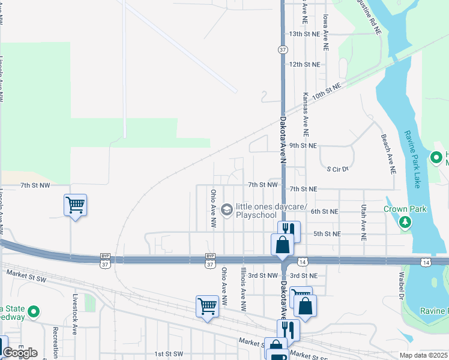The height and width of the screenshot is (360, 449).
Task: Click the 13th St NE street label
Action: [305, 34]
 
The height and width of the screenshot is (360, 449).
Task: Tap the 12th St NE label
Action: [305, 64]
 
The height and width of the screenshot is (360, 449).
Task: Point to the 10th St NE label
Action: [327, 92]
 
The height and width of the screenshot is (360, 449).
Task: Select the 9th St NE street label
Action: [303, 146]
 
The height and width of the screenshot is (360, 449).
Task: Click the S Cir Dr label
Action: [337, 169]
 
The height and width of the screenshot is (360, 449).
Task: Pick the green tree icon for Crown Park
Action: [406, 223]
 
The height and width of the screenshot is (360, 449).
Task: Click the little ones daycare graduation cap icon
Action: [226, 209]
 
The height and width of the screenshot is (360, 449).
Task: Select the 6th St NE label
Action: [325, 211]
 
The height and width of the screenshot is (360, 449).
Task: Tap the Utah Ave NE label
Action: [364, 222]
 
